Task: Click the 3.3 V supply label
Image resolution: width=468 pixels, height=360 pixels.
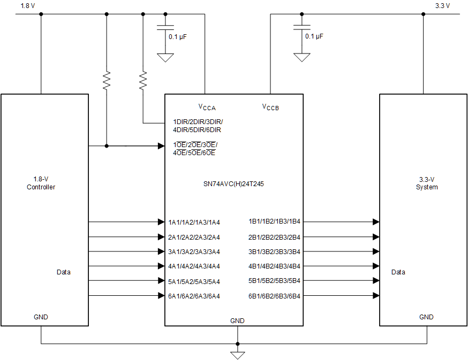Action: click(442, 6)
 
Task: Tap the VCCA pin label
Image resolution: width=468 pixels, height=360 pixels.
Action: click(207, 106)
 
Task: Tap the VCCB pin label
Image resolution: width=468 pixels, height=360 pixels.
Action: click(270, 106)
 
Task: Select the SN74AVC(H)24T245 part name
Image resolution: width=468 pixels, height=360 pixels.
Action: click(233, 183)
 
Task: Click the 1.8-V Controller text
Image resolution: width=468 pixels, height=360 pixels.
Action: click(41, 183)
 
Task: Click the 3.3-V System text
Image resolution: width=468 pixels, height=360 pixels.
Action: click(427, 183)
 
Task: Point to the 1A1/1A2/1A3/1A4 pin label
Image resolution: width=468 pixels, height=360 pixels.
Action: click(194, 222)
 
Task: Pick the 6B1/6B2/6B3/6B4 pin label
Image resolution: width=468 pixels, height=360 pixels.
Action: click(274, 296)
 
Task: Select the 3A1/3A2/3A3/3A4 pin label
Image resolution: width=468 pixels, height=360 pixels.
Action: click(194, 251)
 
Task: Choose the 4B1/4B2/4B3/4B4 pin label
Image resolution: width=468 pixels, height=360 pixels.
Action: click(274, 266)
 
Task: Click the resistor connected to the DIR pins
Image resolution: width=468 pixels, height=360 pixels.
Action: click(143, 81)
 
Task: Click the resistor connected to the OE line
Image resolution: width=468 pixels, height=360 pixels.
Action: click(107, 81)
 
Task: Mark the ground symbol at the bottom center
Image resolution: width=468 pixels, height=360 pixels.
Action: click(237, 355)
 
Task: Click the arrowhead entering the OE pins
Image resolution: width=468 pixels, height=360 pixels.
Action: click(161, 145)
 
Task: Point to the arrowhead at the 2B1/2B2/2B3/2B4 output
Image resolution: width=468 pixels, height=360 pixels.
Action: click(376, 237)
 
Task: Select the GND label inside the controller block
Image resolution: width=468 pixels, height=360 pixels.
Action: click(41, 317)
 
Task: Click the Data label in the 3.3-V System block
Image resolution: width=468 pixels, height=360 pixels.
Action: click(398, 272)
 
